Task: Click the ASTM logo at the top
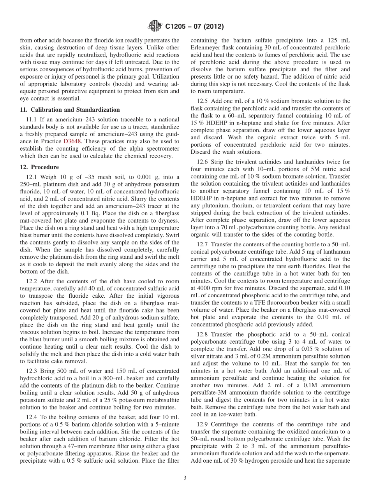coord(155,26)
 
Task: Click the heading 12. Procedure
coord(39,167)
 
